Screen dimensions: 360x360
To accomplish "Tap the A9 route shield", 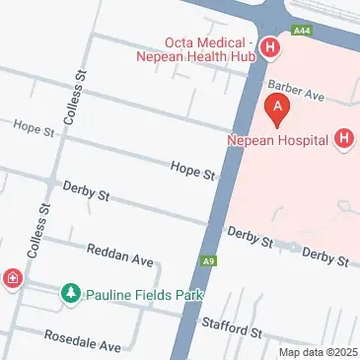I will (x=209, y=261).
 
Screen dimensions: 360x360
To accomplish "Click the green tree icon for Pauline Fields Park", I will (x=70, y=293).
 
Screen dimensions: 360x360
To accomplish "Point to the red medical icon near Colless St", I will (x=12, y=279).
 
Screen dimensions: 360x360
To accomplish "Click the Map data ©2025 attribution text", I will (x=317, y=352).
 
